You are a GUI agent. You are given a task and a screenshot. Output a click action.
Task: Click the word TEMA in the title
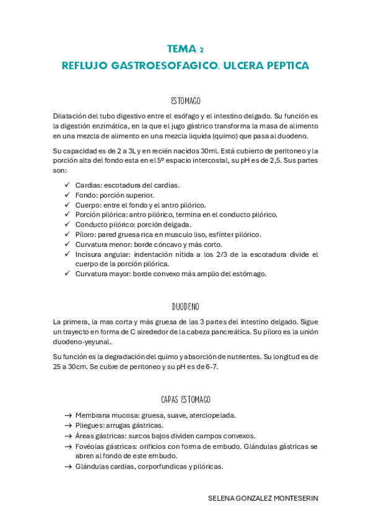click(180, 49)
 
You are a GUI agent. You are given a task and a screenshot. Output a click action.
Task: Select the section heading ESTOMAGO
click(185, 100)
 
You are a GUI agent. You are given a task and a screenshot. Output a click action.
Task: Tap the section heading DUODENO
click(185, 306)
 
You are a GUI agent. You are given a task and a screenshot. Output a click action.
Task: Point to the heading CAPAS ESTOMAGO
click(185, 399)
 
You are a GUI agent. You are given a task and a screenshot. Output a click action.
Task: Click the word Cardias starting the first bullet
click(88, 185)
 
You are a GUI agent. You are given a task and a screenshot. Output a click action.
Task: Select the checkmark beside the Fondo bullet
click(68, 195)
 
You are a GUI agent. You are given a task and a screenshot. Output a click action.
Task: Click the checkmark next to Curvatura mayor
click(68, 274)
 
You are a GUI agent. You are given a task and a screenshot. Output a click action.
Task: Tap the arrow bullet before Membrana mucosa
click(68, 415)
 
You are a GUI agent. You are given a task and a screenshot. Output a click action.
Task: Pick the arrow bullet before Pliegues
click(68, 425)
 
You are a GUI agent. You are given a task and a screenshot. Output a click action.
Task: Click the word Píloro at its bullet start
click(87, 234)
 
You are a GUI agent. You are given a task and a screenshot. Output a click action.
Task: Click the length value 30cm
click(79, 367)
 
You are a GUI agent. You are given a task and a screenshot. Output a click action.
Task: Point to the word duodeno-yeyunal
click(82, 341)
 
